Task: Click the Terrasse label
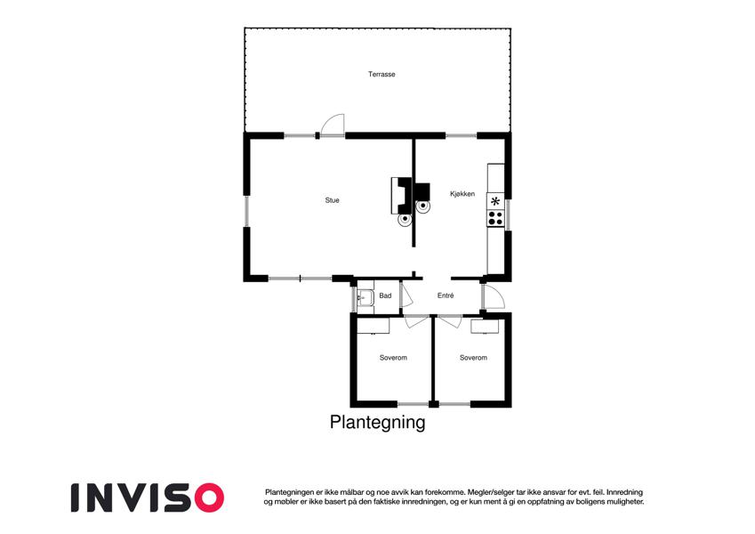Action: click(382, 74)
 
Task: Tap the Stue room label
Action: click(332, 200)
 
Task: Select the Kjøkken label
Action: click(462, 194)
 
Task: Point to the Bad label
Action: click(385, 295)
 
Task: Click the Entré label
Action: click(446, 295)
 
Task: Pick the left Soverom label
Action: click(393, 358)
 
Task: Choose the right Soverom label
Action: click(473, 358)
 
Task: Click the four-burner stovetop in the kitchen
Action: click(495, 218)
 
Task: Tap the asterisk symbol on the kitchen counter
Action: click(495, 201)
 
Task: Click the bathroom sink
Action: click(365, 298)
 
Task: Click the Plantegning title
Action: click(377, 422)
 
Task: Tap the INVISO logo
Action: click(148, 498)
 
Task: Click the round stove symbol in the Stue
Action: click(405, 220)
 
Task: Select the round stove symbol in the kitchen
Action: click(423, 206)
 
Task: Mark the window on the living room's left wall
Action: click(246, 211)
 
